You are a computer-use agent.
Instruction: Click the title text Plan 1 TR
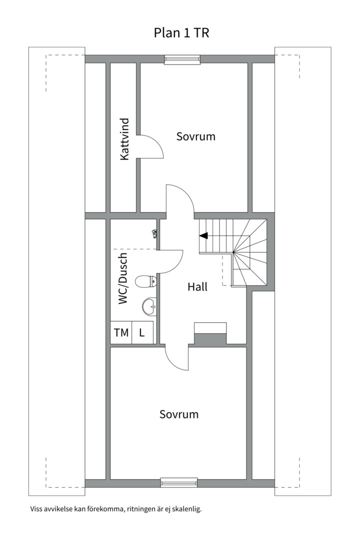coord(181,33)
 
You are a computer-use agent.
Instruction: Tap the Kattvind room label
coord(125,139)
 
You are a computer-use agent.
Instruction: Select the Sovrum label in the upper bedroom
coord(195,136)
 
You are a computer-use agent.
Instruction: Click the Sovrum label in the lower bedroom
coord(179,414)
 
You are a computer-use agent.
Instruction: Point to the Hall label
coord(197,287)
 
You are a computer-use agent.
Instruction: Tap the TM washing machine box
coord(121,332)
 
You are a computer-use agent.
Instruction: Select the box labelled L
coord(142,332)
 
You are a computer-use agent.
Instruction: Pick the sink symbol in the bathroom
coord(149,305)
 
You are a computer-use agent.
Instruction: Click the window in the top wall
coord(182,59)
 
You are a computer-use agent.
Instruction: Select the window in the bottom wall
coord(179,482)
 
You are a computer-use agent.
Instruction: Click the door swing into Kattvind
coord(151,146)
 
